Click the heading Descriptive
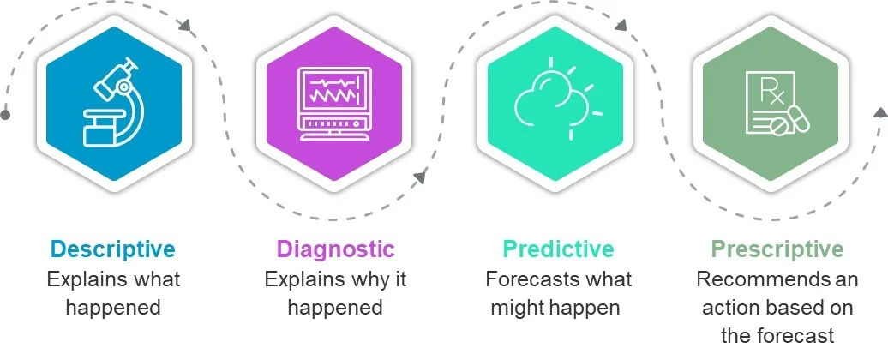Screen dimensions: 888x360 pyautogui.click(x=112, y=249)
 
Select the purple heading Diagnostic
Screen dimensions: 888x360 pyautogui.click(x=335, y=249)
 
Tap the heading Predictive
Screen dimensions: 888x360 pyautogui.click(x=558, y=249)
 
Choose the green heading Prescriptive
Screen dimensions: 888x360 pyautogui.click(x=777, y=249)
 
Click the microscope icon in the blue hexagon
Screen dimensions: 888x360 pyautogui.click(x=113, y=103)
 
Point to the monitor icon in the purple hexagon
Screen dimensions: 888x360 pyautogui.click(x=334, y=104)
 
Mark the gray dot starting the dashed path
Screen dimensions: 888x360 pyautogui.click(x=5, y=115)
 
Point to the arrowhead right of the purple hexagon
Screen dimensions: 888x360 pyautogui.click(x=420, y=177)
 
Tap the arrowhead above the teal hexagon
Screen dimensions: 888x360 pyautogui.click(x=621, y=24)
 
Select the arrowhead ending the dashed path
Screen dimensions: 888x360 pyautogui.click(x=880, y=112)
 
